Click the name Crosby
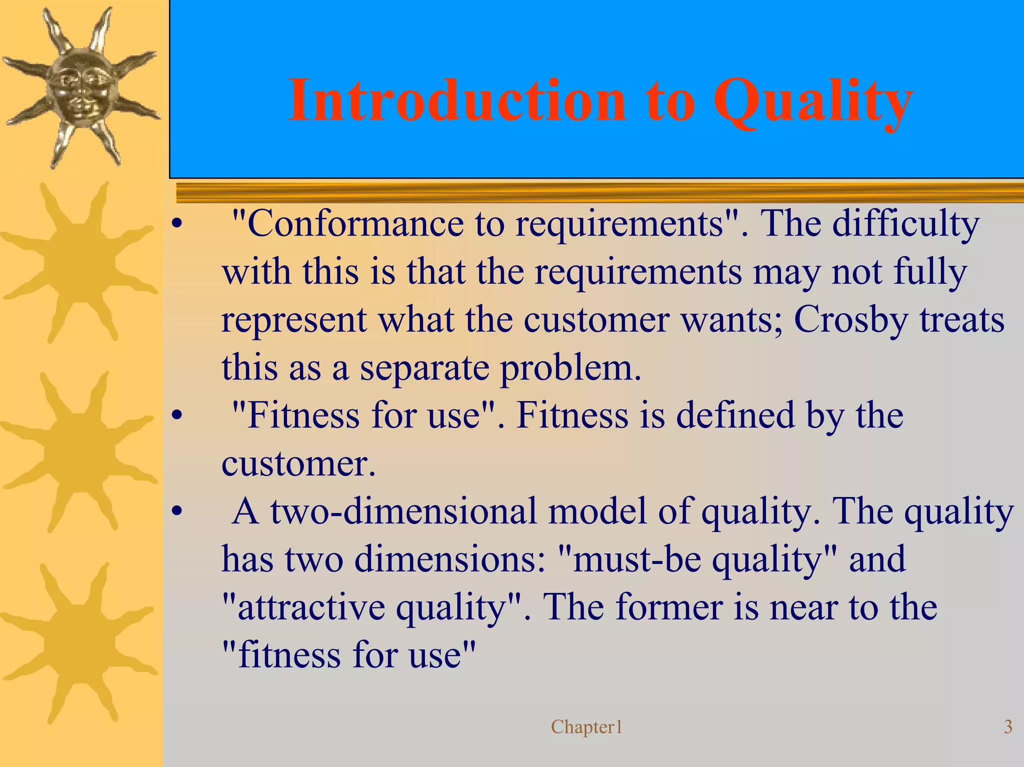click(850, 320)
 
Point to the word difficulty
click(905, 223)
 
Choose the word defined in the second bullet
click(735, 415)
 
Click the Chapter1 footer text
click(586, 727)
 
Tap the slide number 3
click(1008, 726)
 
